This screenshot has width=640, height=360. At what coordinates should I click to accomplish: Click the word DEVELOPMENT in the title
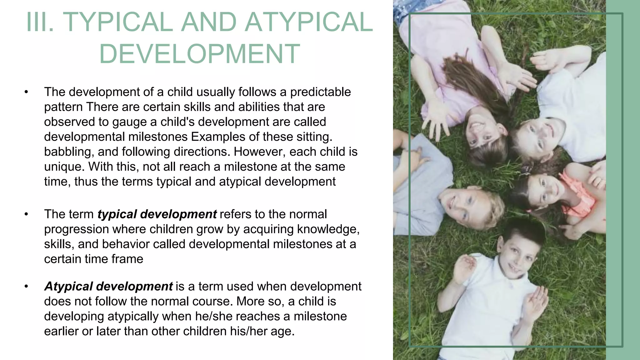tap(200, 54)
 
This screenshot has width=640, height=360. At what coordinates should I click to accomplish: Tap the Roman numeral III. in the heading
tap(40, 22)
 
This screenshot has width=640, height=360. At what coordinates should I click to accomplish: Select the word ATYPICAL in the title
tap(309, 22)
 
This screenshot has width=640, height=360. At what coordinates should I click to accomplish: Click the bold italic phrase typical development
tap(157, 214)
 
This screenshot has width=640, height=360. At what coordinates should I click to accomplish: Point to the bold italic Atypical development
tap(108, 287)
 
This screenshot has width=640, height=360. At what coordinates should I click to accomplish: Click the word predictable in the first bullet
tap(320, 92)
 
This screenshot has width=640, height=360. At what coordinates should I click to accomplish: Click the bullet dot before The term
tap(26, 214)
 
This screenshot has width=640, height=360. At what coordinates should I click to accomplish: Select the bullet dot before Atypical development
tap(26, 287)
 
